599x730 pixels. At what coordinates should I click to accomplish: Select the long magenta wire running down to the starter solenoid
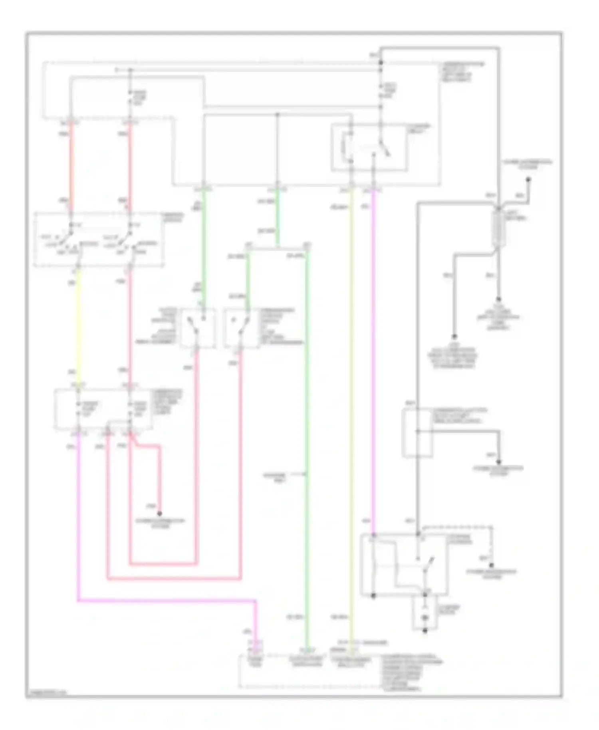pos(374,359)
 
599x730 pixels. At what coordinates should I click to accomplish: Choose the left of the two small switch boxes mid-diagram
pos(198,327)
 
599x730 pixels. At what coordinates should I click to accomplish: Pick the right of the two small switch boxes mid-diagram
pos(241,327)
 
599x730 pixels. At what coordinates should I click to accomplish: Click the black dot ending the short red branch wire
pos(159,514)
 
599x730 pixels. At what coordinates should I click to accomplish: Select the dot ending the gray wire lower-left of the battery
pos(454,337)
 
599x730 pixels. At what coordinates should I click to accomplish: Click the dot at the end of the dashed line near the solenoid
pos(492,565)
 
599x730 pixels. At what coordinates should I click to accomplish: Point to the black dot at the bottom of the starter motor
pos(425,631)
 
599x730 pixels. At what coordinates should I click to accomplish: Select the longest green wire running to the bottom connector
pos(307,439)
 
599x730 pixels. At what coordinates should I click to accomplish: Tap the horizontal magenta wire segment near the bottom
pos(168,600)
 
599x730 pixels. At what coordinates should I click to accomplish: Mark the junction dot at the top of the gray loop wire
pos(381,63)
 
